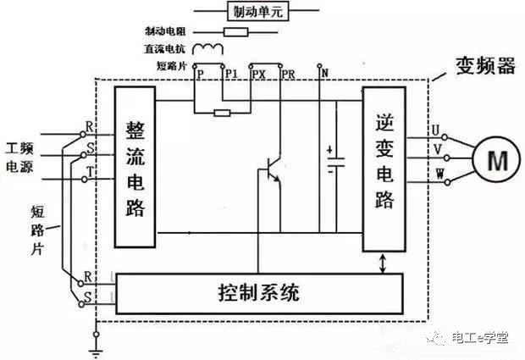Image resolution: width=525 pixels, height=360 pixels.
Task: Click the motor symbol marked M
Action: [x=493, y=157]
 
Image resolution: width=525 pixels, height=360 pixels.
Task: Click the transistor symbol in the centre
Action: [x=270, y=169]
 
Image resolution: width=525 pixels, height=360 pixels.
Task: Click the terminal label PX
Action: [x=259, y=75]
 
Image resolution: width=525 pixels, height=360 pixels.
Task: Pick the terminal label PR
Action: [x=288, y=75]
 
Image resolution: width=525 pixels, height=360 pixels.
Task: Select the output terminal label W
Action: [x=436, y=174]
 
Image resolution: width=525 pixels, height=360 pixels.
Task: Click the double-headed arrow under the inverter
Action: [x=384, y=262]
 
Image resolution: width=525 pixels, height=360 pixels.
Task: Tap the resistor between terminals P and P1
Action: [x=222, y=111]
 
